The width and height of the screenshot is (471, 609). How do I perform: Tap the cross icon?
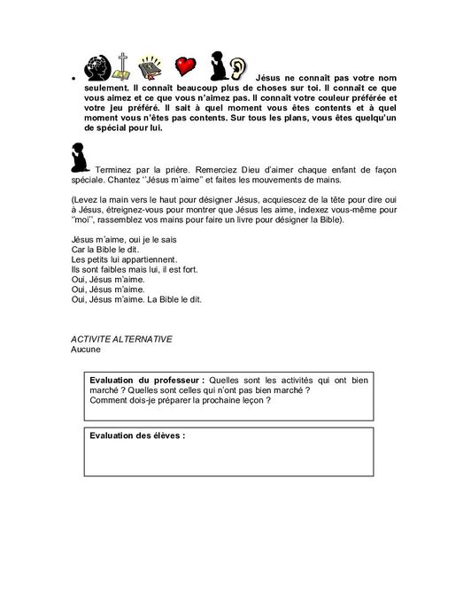(124, 67)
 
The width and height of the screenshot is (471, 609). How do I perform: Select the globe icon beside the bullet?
(93, 66)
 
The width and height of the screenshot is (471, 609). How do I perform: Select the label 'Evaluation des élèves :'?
(137, 436)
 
